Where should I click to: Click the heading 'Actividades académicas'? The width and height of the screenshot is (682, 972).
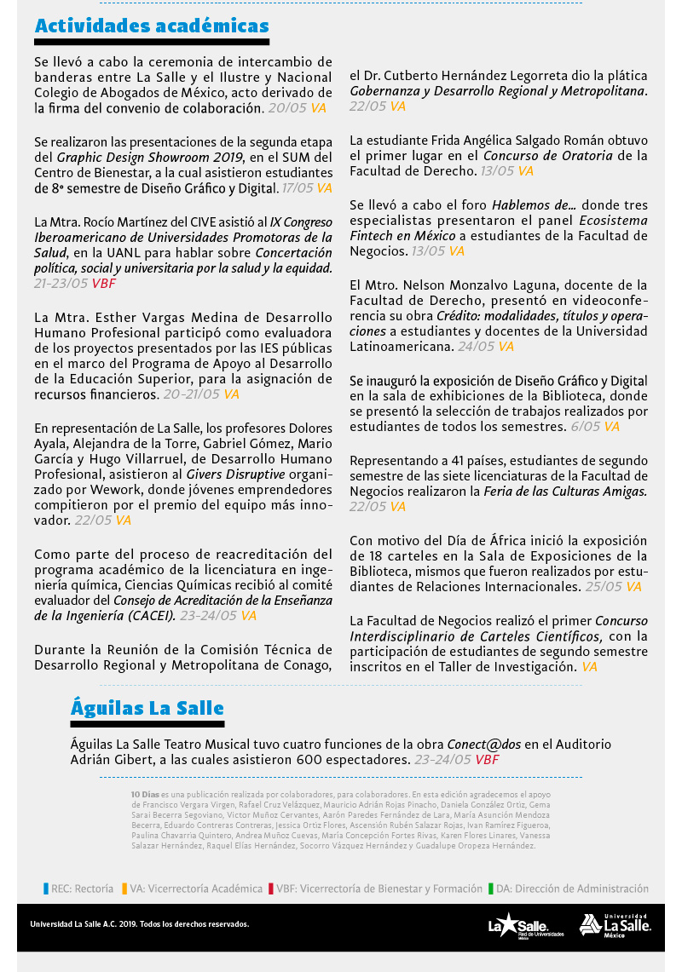pyautogui.click(x=152, y=26)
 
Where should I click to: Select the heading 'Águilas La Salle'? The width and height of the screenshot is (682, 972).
pyautogui.click(x=147, y=708)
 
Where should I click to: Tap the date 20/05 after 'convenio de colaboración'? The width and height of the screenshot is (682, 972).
pyautogui.click(x=286, y=108)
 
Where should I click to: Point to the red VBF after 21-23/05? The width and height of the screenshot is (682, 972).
pyautogui.click(x=105, y=284)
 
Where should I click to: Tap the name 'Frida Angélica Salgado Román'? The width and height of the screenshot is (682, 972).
pyautogui.click(x=507, y=141)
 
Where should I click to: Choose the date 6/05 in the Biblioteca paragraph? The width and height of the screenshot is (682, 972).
pyautogui.click(x=585, y=427)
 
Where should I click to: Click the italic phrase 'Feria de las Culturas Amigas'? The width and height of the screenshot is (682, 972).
pyautogui.click(x=564, y=492)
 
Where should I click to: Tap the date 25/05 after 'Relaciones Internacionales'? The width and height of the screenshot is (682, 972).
pyautogui.click(x=603, y=587)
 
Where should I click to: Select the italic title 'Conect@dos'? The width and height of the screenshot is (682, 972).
pyautogui.click(x=485, y=744)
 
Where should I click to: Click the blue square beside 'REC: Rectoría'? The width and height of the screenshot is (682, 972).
pyautogui.click(x=46, y=889)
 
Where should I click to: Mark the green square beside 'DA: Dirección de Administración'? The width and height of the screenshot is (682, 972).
pyautogui.click(x=491, y=889)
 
